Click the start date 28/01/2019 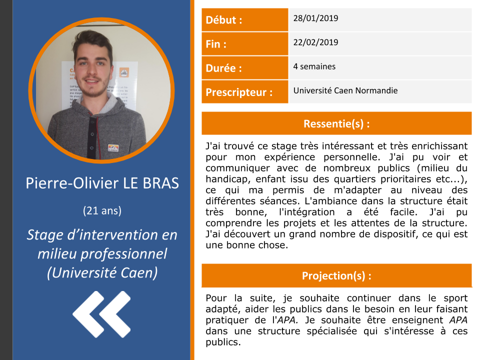[315, 18]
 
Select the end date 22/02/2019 [315, 42]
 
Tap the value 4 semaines [314, 66]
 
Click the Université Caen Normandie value [345, 90]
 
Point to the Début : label [224, 20]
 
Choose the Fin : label [216, 44]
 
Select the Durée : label [224, 68]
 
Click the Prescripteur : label [239, 92]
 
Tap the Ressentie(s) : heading [336, 123]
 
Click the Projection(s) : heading [336, 276]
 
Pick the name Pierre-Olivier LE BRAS [102, 183]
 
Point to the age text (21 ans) [102, 210]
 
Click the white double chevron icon [101, 314]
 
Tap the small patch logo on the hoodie [113, 148]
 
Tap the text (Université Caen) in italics [102, 273]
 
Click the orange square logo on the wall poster [124, 72]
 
